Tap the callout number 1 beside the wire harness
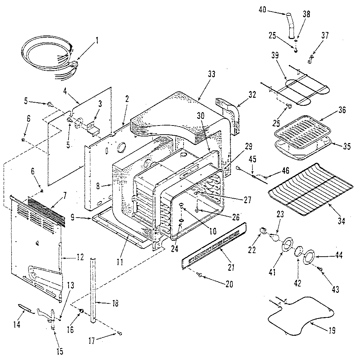coord(97,40)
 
